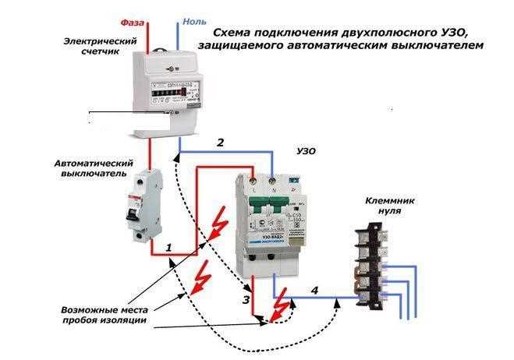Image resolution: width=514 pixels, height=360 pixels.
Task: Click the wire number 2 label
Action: pos(220,143)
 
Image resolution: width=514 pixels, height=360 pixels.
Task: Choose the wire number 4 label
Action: pos(314,291)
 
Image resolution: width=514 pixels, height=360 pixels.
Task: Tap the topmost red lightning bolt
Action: pos(218,228)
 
